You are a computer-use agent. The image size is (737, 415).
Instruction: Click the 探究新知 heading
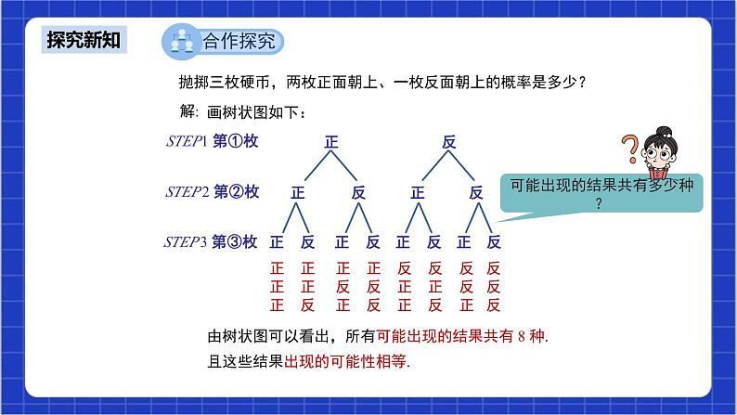[84, 41]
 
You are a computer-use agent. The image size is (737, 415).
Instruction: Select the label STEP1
[186, 141]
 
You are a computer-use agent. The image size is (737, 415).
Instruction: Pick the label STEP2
[187, 192]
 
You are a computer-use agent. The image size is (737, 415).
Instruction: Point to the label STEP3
[186, 242]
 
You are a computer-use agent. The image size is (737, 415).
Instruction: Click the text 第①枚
[236, 141]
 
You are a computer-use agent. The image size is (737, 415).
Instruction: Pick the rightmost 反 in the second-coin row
[477, 193]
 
